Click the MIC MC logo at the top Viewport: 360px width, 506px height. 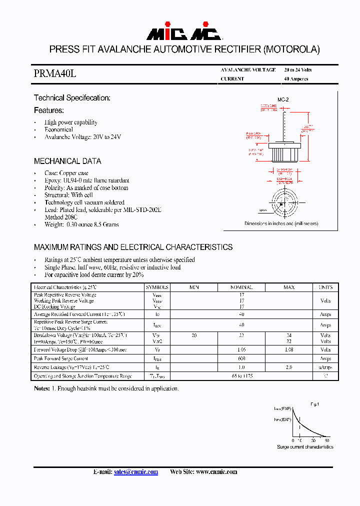pyautogui.click(x=183, y=33)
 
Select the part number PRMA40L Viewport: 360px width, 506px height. pyautogui.click(x=55, y=74)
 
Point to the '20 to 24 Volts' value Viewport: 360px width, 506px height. pyautogui.click(x=297, y=70)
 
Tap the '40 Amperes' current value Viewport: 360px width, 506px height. pyautogui.click(x=296, y=79)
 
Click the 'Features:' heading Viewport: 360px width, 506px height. pyautogui.click(x=48, y=110)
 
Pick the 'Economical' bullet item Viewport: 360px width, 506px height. pyautogui.click(x=58, y=129)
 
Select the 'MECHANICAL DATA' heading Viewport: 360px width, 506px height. pyautogui.click(x=67, y=161)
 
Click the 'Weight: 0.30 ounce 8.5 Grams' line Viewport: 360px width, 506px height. pyautogui.click(x=81, y=224)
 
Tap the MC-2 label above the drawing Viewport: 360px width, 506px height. pyautogui.click(x=283, y=100)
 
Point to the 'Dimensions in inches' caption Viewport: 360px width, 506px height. pyautogui.click(x=281, y=223)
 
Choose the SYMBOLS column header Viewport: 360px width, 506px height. pyautogui.click(x=157, y=287)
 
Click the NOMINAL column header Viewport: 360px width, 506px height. pyautogui.click(x=241, y=287)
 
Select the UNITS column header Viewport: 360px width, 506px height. pyautogui.click(x=325, y=287)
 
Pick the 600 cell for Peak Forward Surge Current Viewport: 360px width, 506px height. pyautogui.click(x=241, y=359)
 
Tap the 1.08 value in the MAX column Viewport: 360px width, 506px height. pyautogui.click(x=288, y=350)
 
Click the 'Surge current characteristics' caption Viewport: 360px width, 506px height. pyautogui.click(x=305, y=446)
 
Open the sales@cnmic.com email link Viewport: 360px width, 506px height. pyautogui.click(x=136, y=471)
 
